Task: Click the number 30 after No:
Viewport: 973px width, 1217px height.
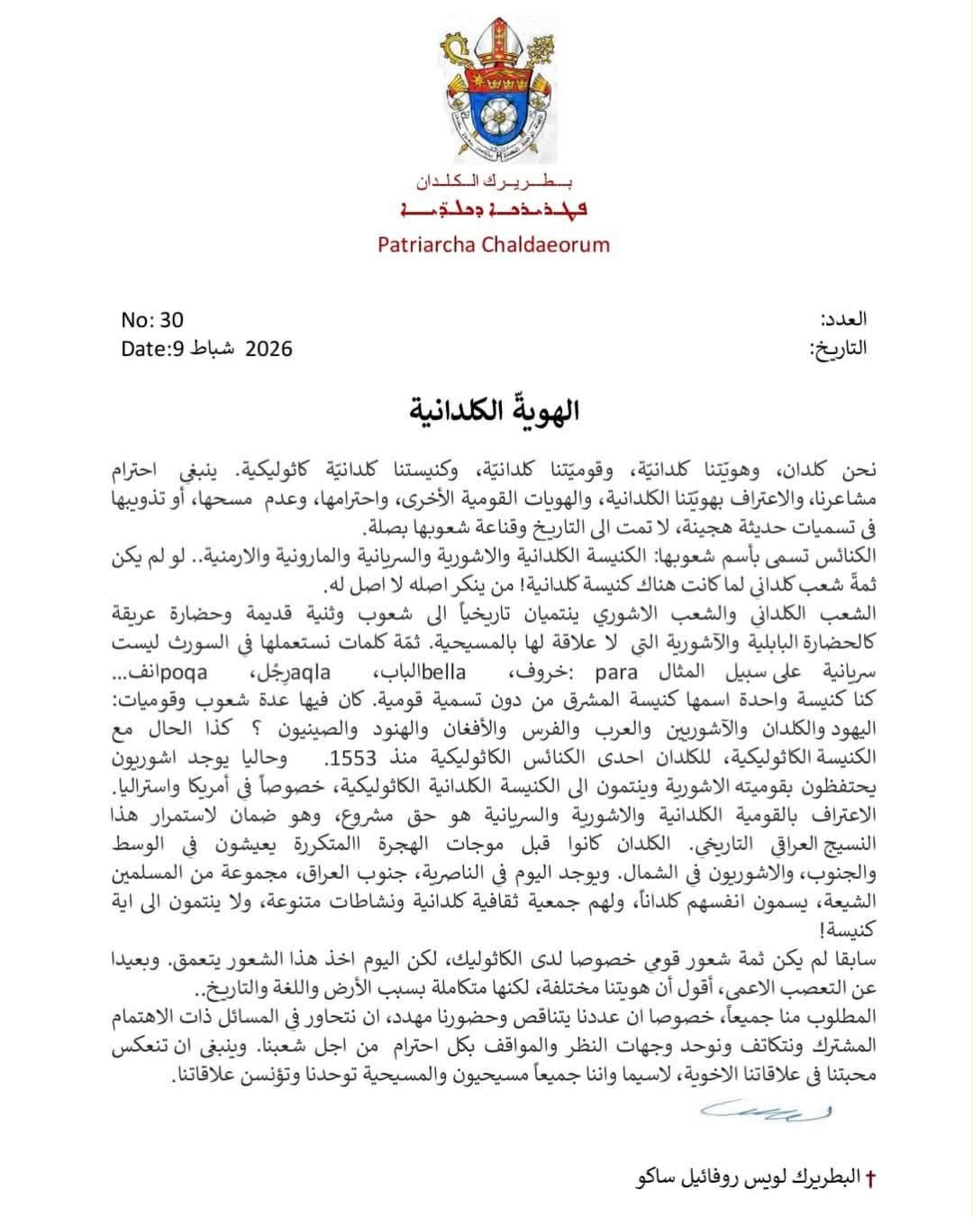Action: (171, 319)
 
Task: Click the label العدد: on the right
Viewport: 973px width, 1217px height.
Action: (843, 319)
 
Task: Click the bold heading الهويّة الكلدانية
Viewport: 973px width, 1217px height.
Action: (494, 411)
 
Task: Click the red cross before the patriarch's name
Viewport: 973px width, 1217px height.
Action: (869, 1179)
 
